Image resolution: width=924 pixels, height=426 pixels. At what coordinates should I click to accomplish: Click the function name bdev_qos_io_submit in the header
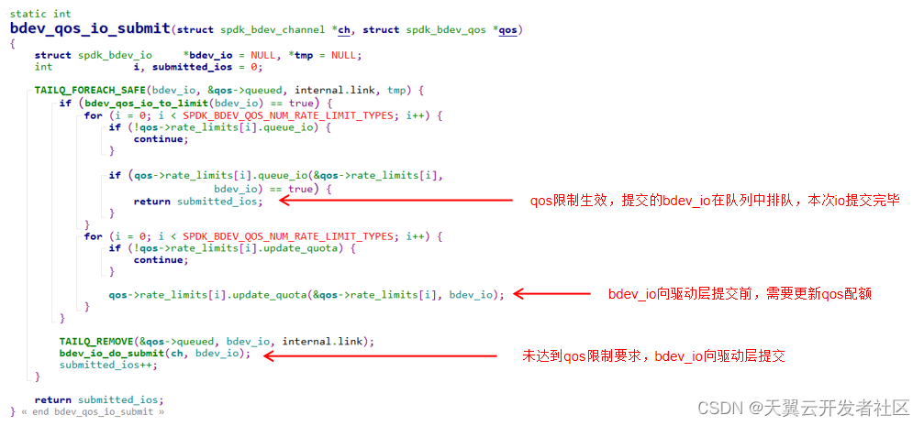coord(90,29)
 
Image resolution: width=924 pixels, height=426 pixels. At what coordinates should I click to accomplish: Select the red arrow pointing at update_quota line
coord(551,294)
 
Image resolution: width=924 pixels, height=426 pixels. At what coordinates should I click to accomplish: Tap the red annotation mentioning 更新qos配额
coord(740,294)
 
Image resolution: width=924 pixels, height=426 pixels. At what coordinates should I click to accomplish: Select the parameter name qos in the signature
coord(507,30)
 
